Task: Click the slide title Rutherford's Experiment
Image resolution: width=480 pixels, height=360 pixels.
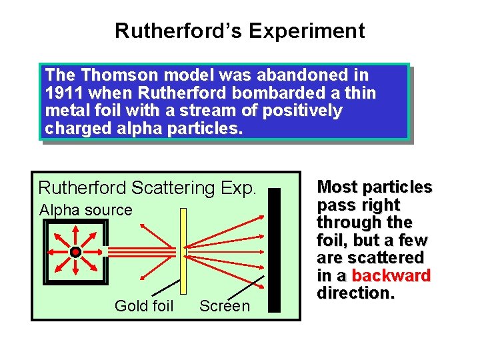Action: pos(239,31)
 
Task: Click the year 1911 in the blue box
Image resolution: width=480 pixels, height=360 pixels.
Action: pos(64,93)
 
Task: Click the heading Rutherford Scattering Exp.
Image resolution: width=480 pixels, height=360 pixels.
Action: pos(147,187)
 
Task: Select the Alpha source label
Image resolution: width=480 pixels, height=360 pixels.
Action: pos(86,210)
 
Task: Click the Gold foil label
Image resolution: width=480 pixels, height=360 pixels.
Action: pos(144,306)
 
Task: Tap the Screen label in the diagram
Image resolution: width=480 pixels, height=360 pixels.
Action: pos(225,306)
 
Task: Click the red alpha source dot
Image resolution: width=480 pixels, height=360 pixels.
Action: pos(76,252)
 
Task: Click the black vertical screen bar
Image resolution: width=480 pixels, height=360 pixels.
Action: pos(274,250)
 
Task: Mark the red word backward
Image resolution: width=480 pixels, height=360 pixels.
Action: pos(391,275)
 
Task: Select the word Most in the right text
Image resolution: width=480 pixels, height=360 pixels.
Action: pos(337,187)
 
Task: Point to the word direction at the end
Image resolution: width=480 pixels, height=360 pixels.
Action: pos(354,293)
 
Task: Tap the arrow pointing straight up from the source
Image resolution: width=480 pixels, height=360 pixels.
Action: pos(76,236)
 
